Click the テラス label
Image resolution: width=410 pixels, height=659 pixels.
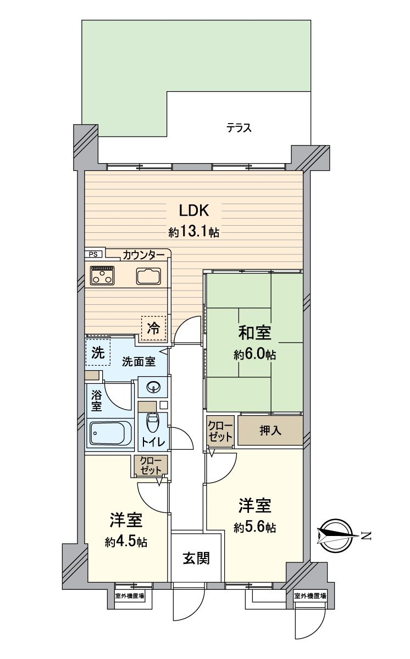239,129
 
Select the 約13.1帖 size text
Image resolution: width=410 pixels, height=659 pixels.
193,232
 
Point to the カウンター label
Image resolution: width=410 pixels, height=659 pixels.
143,255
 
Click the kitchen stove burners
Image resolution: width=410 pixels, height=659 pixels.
103,275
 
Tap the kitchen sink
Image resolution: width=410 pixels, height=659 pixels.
148,276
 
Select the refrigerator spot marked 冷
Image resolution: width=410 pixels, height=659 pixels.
153,328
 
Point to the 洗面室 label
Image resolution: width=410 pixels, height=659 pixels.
138,362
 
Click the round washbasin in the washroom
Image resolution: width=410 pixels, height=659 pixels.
153,388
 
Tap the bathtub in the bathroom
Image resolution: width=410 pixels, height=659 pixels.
110,434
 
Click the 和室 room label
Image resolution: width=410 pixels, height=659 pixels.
254,333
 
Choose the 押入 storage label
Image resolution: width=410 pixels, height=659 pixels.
270,430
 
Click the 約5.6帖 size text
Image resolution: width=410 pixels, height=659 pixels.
254,528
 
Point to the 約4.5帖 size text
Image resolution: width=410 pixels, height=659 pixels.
126,542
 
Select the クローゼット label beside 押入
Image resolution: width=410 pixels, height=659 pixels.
220,430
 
